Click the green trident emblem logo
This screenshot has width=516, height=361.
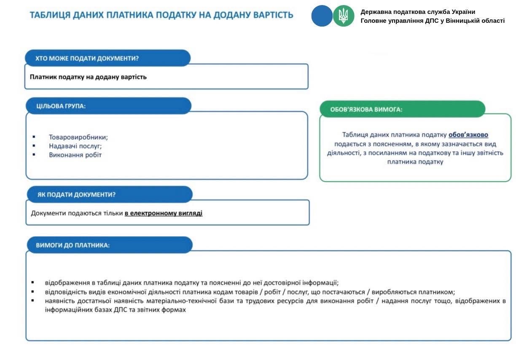(344, 16)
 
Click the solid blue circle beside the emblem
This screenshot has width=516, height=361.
(322, 16)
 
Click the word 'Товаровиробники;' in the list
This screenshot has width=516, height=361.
(78, 137)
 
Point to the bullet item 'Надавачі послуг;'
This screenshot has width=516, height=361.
(75, 146)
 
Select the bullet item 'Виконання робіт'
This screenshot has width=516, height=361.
(75, 155)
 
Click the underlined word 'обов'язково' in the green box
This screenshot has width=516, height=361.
(468, 135)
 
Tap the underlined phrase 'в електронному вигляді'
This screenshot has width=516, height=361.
(164, 213)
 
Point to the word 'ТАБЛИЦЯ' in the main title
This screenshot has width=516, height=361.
(49, 15)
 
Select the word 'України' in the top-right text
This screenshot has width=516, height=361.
(463, 12)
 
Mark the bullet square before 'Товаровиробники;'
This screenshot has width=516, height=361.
(34, 137)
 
